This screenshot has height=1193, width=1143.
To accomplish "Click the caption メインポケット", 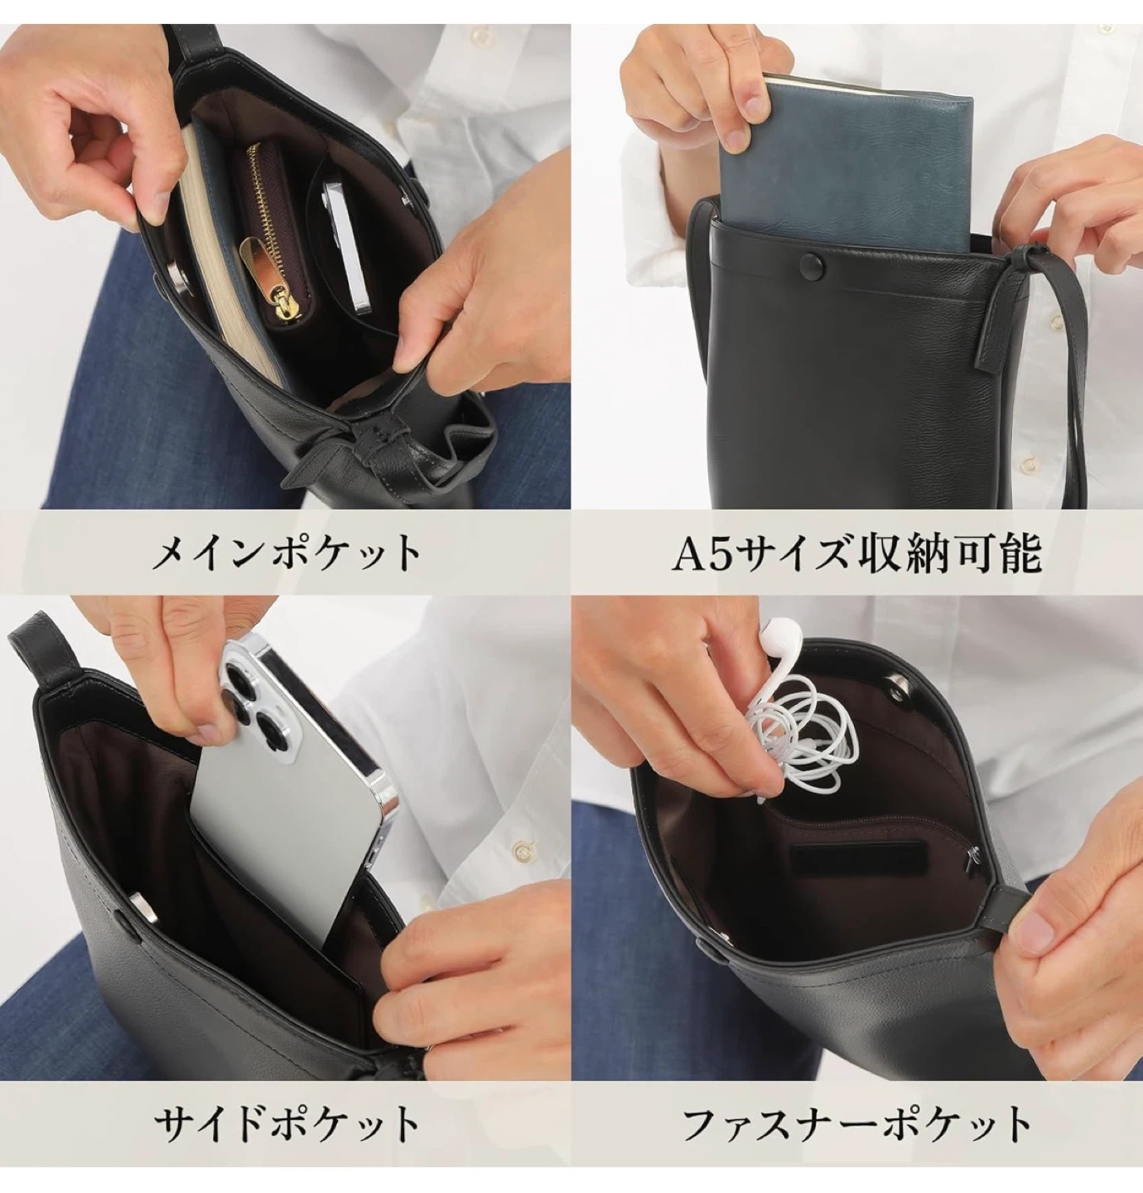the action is coord(286,553).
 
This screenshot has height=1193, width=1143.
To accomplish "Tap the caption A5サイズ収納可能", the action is coord(856,553).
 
